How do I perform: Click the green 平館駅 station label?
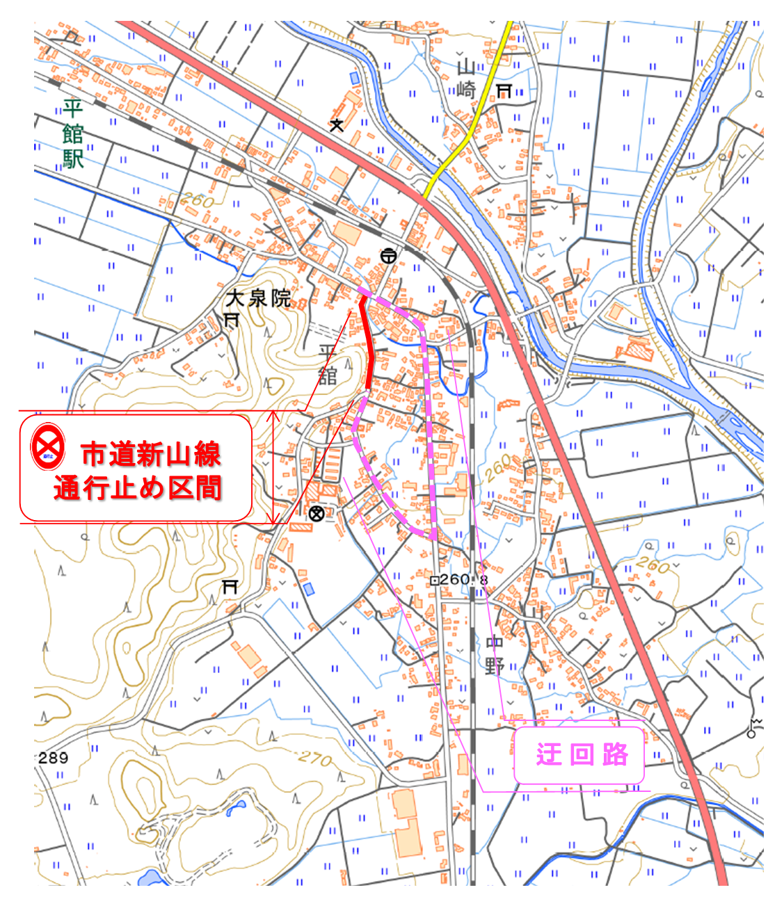[x=72, y=133]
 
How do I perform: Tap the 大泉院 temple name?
[x=258, y=299]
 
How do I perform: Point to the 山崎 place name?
[x=465, y=79]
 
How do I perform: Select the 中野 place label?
[x=495, y=654]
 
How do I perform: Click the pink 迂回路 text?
[x=582, y=754]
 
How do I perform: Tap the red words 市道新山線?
[x=151, y=455]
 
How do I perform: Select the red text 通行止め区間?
[x=138, y=488]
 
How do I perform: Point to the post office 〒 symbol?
[x=388, y=256]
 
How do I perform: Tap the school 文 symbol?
[x=337, y=125]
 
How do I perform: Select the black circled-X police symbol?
[x=317, y=514]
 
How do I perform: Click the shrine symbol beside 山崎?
[x=504, y=90]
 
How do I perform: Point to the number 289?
[x=53, y=757]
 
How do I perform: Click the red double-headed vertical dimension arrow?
[x=275, y=467]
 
